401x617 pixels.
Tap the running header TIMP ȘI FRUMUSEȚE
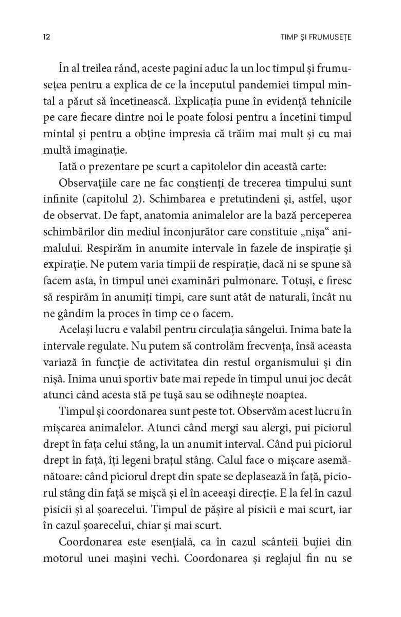(x=313, y=38)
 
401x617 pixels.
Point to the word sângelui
(x=278, y=330)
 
